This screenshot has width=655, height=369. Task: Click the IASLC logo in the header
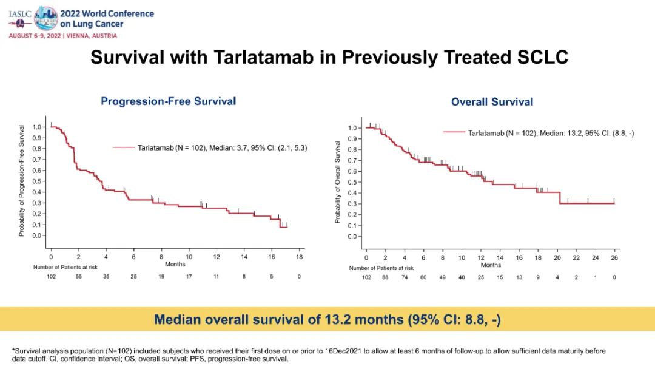tap(22, 18)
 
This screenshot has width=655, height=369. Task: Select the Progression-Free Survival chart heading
tap(168, 101)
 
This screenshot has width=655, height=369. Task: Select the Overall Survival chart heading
tap(492, 101)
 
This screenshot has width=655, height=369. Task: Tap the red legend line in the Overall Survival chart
tap(454, 132)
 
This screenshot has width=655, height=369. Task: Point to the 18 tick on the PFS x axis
tap(298, 257)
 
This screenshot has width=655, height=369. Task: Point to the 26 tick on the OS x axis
tap(614, 258)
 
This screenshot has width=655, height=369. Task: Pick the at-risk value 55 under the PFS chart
tap(78, 276)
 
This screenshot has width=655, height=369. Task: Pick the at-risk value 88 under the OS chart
tap(385, 277)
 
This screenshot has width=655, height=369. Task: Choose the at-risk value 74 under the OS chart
tap(404, 277)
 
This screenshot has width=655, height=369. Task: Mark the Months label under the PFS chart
tap(175, 265)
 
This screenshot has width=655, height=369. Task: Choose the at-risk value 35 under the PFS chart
tap(106, 276)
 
